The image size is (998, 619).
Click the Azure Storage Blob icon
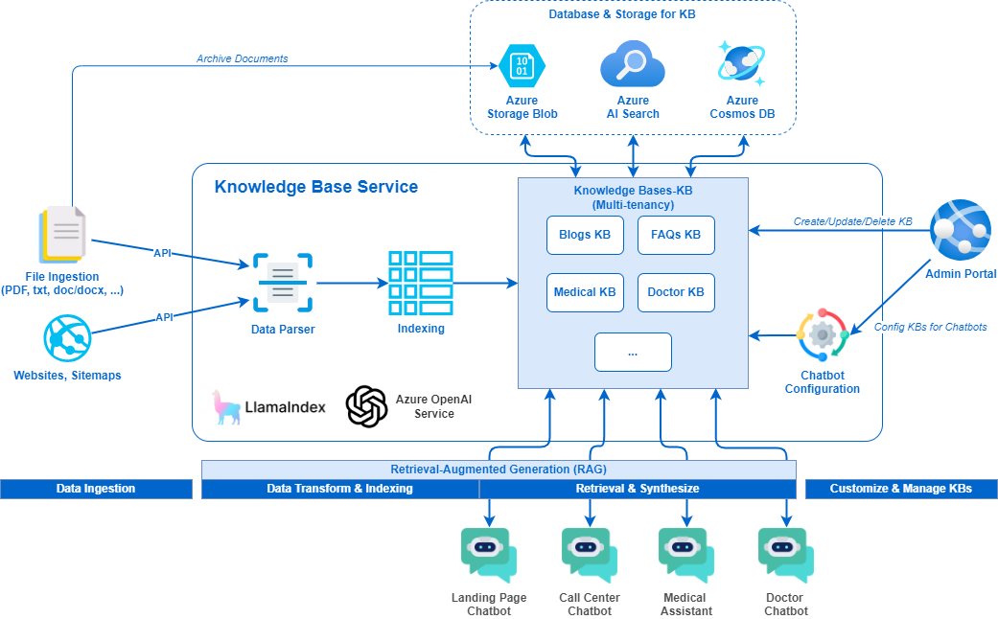[x=522, y=66]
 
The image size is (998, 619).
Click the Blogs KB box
[x=585, y=235]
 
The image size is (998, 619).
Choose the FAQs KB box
[x=676, y=235]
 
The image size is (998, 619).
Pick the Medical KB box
[x=585, y=292]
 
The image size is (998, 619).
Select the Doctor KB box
[x=676, y=292]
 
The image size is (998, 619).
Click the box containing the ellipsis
[x=633, y=352]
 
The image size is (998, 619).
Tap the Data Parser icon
[x=282, y=283]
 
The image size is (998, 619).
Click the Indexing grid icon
[x=420, y=283]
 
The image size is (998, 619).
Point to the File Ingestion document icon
[x=63, y=235]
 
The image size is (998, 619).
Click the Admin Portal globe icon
[x=960, y=231]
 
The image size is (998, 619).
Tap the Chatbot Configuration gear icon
[x=823, y=334]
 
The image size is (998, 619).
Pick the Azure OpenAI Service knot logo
[x=366, y=406]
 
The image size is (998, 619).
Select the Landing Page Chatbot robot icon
[x=489, y=556]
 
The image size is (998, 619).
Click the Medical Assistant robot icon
[x=686, y=556]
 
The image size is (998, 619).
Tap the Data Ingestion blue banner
[x=96, y=489]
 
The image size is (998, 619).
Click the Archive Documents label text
[x=242, y=58]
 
